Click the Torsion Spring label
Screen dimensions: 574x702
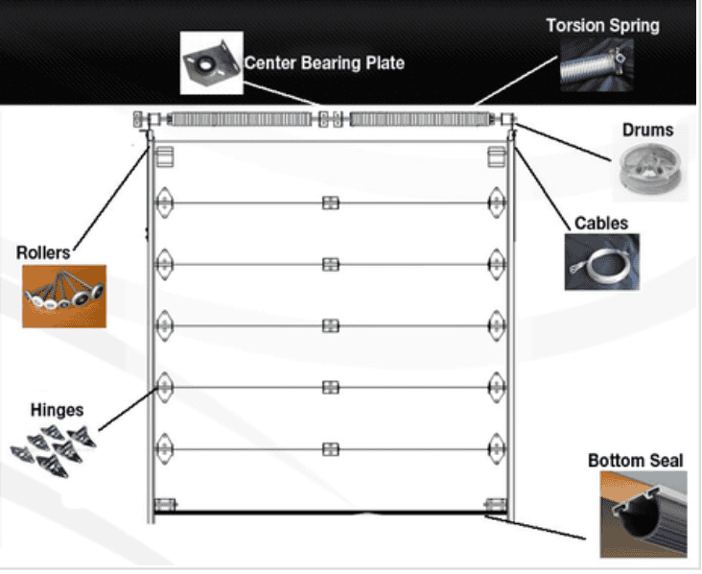(x=602, y=25)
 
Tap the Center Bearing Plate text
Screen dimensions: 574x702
(x=324, y=62)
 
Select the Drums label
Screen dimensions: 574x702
(x=647, y=130)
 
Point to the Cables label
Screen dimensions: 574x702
(x=601, y=223)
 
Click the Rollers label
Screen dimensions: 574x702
(x=43, y=252)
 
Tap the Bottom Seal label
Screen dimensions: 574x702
(x=635, y=461)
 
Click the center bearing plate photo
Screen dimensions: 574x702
(x=210, y=62)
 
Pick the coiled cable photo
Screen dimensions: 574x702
(x=601, y=262)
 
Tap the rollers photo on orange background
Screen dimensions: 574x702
(x=63, y=297)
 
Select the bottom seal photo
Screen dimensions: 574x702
(x=643, y=514)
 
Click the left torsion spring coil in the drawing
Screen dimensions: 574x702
(x=241, y=119)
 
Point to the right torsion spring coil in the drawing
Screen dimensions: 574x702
(x=421, y=119)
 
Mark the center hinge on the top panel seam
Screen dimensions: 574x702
(x=331, y=203)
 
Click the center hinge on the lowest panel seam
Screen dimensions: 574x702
(x=331, y=448)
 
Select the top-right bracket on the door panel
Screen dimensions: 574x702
(x=496, y=157)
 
